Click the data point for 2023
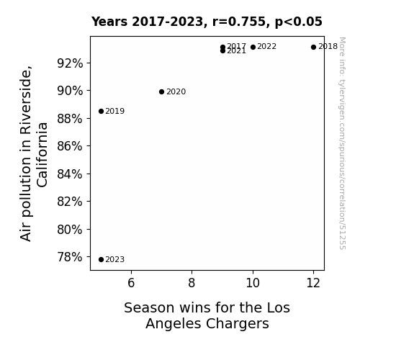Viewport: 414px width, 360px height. (x=101, y=260)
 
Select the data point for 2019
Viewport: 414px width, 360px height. (x=101, y=111)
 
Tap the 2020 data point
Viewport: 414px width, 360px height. (x=161, y=91)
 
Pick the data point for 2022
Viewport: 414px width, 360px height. (x=253, y=47)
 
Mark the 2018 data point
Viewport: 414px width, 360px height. (x=313, y=47)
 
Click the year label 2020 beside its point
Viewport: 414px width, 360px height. (x=176, y=91)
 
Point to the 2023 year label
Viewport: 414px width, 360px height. (x=115, y=259)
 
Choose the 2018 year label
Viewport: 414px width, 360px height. (x=328, y=47)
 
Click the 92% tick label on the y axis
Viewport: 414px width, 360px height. (x=70, y=63)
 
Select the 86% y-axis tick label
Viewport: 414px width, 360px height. (x=70, y=146)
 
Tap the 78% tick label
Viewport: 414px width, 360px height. (x=70, y=257)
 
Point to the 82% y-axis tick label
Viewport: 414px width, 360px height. (x=70, y=202)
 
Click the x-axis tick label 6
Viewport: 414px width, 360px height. (x=131, y=283)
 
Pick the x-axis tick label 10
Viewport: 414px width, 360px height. (x=253, y=283)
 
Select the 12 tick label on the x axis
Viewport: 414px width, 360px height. (x=313, y=283)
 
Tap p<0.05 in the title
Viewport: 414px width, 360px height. (x=299, y=22)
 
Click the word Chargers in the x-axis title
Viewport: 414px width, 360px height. (x=238, y=323)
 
